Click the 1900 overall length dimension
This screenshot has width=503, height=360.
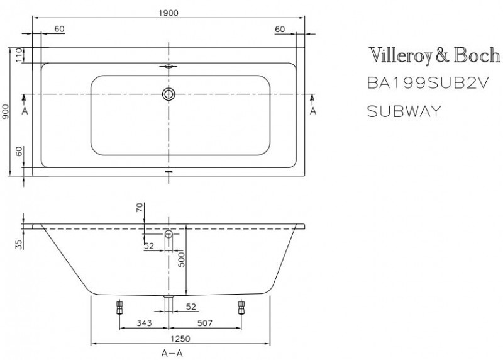pos(168,13)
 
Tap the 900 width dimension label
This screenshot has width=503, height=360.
pos(6,111)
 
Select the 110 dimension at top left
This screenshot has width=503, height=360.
pos(19,55)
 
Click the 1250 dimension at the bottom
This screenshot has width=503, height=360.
pos(180,339)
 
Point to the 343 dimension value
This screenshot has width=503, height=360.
pos(144,323)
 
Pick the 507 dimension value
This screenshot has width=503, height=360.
pos(205,323)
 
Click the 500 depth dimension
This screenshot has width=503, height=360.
pos(182,259)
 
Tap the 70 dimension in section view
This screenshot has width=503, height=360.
pos(140,208)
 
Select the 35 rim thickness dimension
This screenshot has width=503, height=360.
pos(19,244)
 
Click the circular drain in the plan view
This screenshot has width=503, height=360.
pos(169,94)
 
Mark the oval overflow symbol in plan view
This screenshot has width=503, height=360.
pos(169,67)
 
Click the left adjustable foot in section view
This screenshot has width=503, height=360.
pos(119,307)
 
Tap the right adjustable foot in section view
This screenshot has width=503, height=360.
pos(241,307)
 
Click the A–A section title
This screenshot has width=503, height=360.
pos(172,354)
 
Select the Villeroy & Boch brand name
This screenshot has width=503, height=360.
pos(434,55)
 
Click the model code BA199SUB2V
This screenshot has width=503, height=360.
pos(428,84)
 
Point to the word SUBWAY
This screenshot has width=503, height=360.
pos(404,111)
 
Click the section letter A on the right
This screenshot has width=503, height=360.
pos(313,111)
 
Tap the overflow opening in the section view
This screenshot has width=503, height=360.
pos(169,233)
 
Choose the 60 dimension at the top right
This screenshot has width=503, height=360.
pos(280,29)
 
